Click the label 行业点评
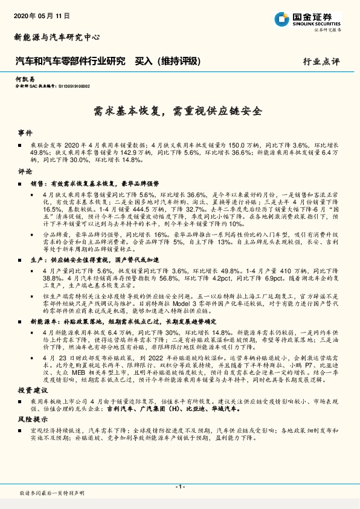pos(321,61)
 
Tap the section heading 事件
pos(25,131)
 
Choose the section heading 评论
pos(25,172)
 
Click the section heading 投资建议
pos(30,390)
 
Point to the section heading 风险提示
pos(30,418)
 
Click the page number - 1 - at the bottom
pos(180,486)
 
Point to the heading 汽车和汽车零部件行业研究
pos(69,61)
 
